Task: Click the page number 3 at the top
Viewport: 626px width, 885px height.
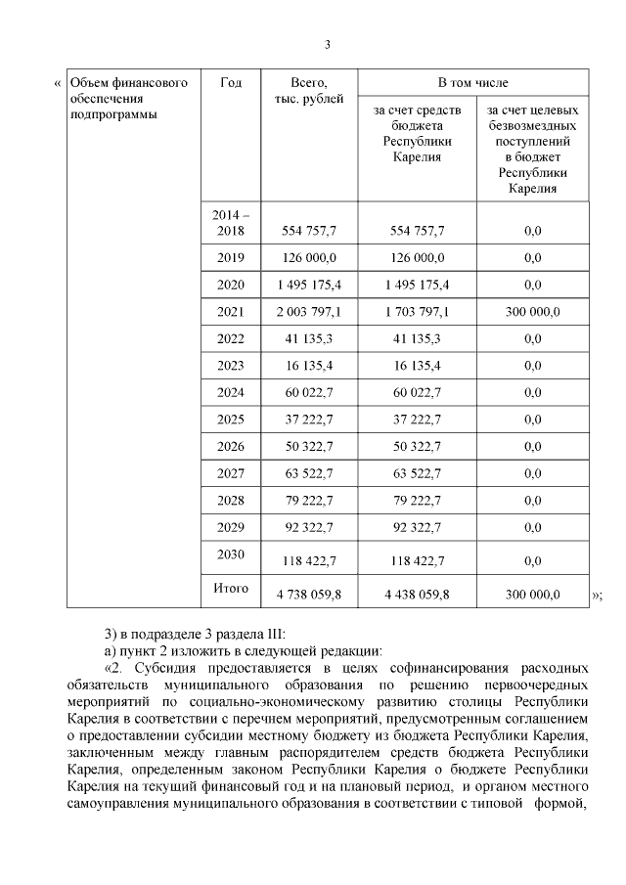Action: [328, 44]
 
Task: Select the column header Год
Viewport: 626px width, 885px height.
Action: [231, 83]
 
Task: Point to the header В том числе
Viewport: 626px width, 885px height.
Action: [472, 83]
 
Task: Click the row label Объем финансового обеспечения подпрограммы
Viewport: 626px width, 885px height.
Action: [128, 99]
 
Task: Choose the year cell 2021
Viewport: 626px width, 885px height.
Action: [231, 311]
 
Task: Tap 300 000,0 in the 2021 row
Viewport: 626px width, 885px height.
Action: [532, 312]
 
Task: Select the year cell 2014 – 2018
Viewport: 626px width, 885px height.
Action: [231, 222]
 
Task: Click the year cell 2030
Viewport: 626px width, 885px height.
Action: [231, 553]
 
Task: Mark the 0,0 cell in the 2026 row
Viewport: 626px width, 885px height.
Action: [532, 447]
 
